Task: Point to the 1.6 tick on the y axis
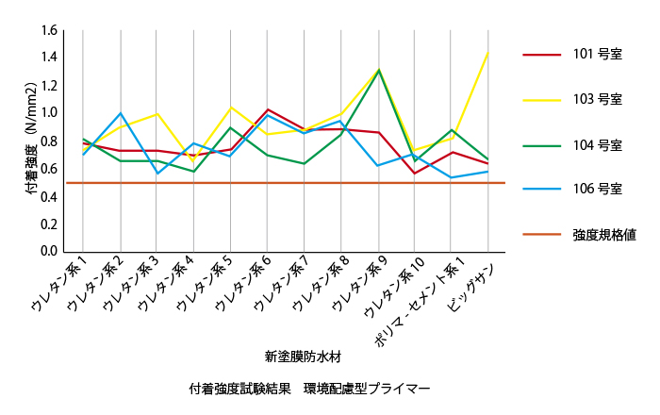click(x=50, y=29)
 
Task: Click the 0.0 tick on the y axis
click(x=50, y=252)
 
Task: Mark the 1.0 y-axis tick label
click(x=50, y=113)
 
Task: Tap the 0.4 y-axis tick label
click(x=50, y=196)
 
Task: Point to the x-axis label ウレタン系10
click(x=388, y=288)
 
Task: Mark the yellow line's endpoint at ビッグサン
click(x=488, y=51)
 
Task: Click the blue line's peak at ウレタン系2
click(x=121, y=113)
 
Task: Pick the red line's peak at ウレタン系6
click(x=268, y=110)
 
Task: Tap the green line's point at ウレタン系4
click(x=194, y=172)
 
